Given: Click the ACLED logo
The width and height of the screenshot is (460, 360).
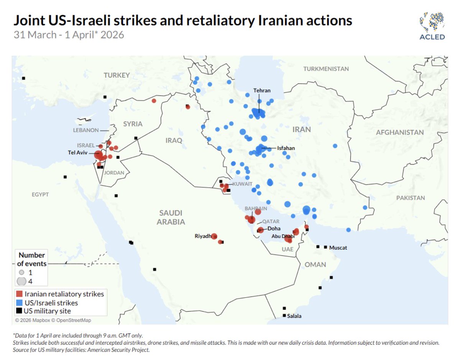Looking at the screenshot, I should (432, 26).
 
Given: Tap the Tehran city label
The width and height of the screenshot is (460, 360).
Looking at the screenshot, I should (262, 91).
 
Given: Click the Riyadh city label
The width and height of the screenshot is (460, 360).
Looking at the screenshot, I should (203, 236).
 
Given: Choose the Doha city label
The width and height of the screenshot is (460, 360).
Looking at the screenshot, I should (274, 229).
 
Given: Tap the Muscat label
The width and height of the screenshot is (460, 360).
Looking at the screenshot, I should (338, 248).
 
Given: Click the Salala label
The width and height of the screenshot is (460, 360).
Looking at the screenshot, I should (294, 316).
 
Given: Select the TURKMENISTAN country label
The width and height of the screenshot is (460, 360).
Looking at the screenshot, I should (326, 69).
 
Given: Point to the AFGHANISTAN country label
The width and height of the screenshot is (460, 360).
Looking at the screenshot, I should (400, 133).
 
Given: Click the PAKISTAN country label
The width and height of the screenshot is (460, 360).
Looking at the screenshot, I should (411, 198).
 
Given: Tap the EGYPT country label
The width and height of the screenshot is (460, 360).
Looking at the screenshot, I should (40, 195).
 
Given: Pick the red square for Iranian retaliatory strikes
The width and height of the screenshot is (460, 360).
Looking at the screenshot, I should (20, 294).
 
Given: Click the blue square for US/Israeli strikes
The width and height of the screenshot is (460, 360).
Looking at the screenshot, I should (20, 303).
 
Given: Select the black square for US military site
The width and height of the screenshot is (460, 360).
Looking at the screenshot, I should (20, 311).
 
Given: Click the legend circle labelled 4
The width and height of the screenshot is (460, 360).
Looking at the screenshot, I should (21, 281).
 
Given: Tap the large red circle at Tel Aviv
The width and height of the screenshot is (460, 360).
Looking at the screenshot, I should (99, 155).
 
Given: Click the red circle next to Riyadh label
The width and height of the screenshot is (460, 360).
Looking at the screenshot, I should (214, 236).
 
